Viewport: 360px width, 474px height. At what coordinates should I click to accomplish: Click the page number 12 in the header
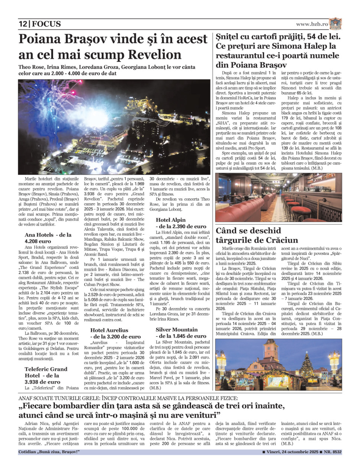[23, 24]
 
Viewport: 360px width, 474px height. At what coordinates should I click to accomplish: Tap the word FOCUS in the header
[46, 24]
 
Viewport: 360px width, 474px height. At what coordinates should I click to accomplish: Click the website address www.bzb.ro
[312, 24]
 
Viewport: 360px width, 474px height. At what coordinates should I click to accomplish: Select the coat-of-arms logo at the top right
[335, 24]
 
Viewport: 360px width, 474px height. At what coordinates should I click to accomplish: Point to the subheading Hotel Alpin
[170, 220]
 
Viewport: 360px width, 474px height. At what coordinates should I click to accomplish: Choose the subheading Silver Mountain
[177, 329]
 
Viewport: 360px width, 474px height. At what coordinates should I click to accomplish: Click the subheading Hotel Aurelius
[109, 330]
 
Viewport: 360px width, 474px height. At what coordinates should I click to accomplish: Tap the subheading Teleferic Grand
[46, 369]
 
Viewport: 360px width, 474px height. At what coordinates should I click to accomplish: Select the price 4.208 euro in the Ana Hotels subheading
[38, 241]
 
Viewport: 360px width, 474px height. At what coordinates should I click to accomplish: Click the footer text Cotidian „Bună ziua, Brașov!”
[49, 452]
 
